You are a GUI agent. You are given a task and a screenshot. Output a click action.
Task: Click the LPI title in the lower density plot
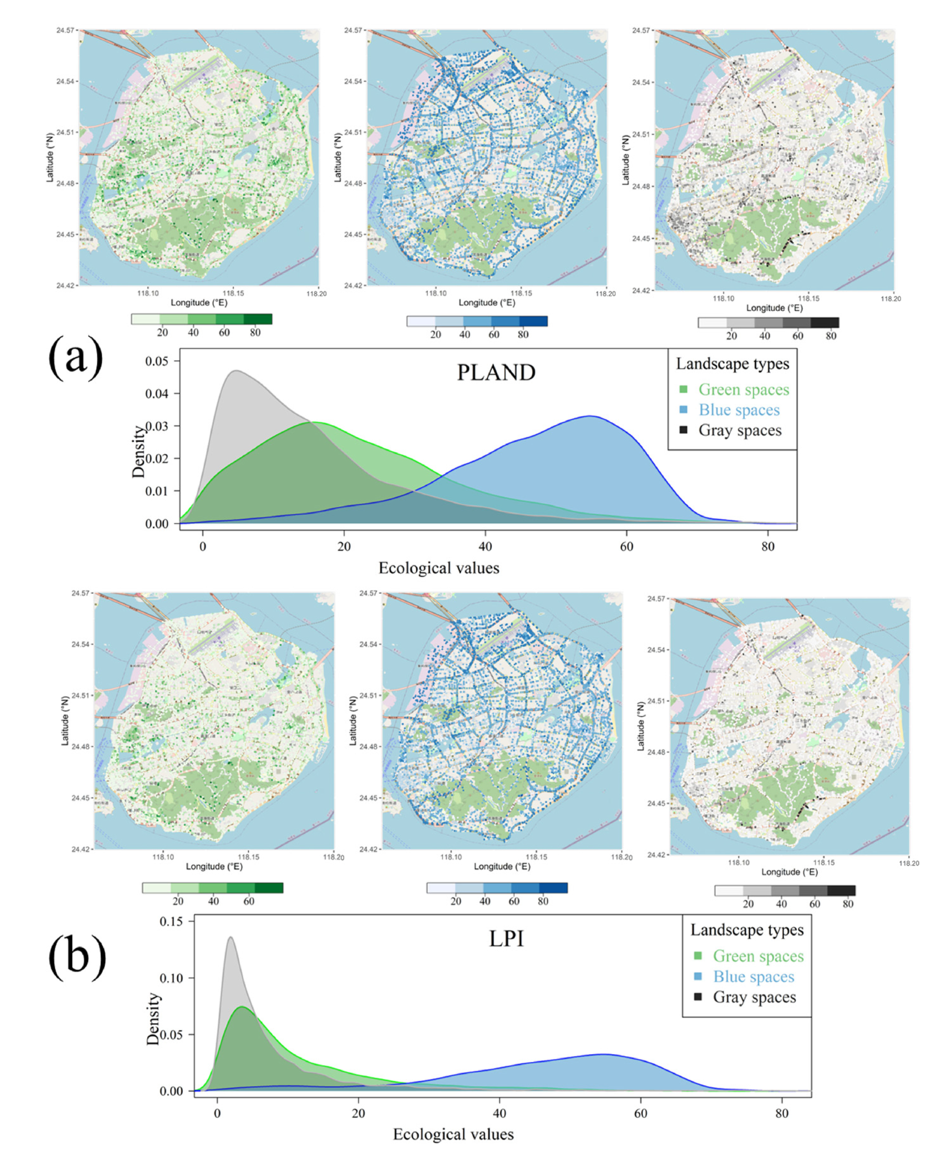click(x=506, y=938)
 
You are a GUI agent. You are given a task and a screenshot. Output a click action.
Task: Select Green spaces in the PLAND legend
click(x=743, y=389)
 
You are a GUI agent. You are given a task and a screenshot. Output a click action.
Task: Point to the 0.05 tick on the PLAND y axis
click(x=157, y=361)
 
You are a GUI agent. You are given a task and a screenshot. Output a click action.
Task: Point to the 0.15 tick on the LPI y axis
click(x=171, y=921)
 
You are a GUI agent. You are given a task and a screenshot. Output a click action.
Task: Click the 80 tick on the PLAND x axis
click(x=768, y=546)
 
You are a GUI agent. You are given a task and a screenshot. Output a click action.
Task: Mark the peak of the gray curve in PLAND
click(x=236, y=371)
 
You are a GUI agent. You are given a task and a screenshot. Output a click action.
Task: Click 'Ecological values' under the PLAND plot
click(x=439, y=568)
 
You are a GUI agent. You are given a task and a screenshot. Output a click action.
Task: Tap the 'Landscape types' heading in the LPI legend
click(x=747, y=930)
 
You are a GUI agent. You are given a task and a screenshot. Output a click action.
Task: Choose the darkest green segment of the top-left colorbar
click(x=257, y=319)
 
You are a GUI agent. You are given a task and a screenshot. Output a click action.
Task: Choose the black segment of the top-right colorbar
click(x=824, y=322)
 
